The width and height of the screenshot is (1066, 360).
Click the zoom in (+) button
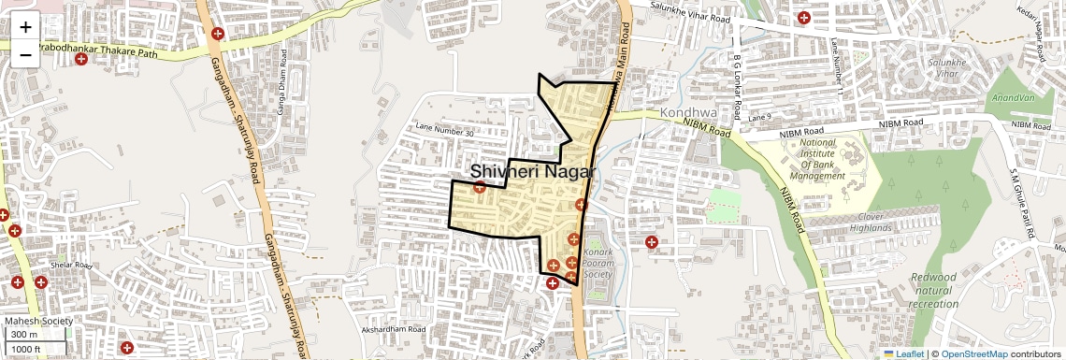tap(25, 27)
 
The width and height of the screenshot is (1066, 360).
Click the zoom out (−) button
tap(25, 54)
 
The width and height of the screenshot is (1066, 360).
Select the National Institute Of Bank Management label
tap(817, 159)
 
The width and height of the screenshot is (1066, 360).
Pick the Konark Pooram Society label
tap(598, 263)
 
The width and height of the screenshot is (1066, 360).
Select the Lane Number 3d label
tap(444, 131)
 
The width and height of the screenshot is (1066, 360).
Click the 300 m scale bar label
tap(25, 335)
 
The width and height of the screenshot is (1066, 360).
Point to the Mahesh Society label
tap(38, 321)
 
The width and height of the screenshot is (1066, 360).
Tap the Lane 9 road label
tap(759, 116)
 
